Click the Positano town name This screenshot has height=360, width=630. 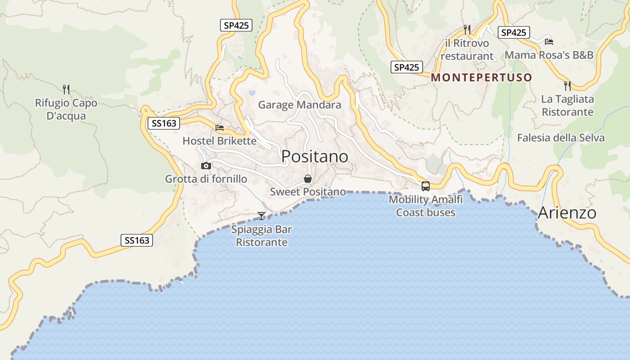click(315, 157)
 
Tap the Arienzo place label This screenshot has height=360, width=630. click(567, 212)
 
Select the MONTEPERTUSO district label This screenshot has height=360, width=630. click(481, 77)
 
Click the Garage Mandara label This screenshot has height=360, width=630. click(299, 105)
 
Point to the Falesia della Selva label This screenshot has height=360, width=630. click(561, 138)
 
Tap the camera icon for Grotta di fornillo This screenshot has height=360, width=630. click(206, 166)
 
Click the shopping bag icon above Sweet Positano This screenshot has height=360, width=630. click(308, 179)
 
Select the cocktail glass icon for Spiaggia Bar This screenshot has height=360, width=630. click(261, 216)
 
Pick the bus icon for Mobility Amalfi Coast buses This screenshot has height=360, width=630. click(425, 186)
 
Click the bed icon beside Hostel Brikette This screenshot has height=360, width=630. click(220, 128)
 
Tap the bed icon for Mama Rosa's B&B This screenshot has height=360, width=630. click(549, 41)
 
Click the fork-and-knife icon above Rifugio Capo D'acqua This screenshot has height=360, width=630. click(66, 89)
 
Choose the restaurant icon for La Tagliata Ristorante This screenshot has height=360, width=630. click(567, 85)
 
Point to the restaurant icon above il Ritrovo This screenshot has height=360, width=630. click(467, 30)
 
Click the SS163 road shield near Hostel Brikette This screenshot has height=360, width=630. click(164, 123)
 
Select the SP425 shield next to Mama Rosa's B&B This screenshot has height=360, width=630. click(513, 32)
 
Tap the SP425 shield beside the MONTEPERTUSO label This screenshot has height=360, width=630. click(407, 67)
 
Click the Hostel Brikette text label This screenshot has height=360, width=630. click(219, 141)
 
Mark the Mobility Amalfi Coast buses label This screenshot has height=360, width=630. click(426, 206)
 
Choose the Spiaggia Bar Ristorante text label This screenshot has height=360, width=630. click(261, 236)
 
